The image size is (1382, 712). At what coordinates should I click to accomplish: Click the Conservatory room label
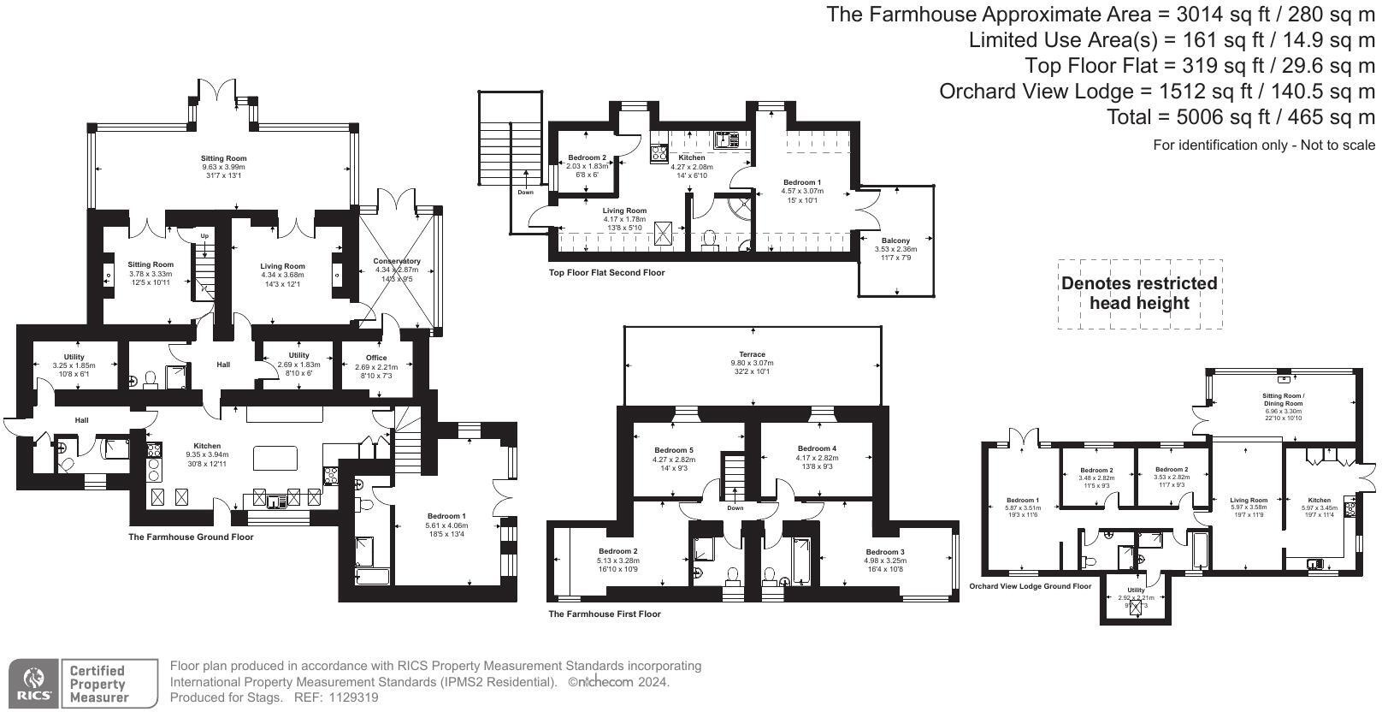point(396,261)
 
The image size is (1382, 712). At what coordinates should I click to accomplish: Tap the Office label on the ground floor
point(376,358)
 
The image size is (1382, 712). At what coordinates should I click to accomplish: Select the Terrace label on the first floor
point(752,354)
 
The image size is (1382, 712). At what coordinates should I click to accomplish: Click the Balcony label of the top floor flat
point(895,240)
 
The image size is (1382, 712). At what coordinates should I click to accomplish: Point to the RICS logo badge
point(32,683)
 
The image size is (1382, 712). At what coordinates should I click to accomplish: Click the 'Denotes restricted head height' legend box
point(1138,294)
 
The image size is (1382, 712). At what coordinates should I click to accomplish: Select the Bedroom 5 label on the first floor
point(674,450)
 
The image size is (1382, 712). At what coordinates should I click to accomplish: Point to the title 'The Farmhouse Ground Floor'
point(191,537)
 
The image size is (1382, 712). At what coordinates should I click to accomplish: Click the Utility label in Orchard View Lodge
point(1135,590)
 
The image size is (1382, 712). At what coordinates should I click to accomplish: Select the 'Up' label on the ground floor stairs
point(204,236)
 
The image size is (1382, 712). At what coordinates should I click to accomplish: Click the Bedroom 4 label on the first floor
point(817,448)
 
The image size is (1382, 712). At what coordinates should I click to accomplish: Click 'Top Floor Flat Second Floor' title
point(606,273)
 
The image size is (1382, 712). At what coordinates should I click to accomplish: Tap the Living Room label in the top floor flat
point(624,211)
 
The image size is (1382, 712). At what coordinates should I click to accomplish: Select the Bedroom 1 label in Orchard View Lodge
point(1022,500)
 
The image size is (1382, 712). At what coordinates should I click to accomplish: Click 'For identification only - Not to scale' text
point(1263,145)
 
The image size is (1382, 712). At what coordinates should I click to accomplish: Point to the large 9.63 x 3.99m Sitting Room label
point(223,159)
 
